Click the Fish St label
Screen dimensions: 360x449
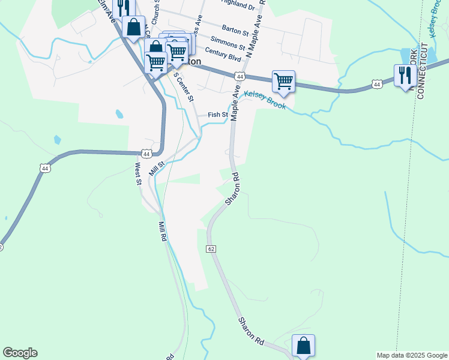click(x=218, y=115)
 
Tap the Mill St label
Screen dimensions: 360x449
click(x=157, y=167)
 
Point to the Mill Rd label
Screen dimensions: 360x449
click(x=162, y=231)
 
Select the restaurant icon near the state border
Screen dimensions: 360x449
click(x=405, y=75)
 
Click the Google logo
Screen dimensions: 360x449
click(x=20, y=353)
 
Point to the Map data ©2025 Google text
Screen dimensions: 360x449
click(x=411, y=355)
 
